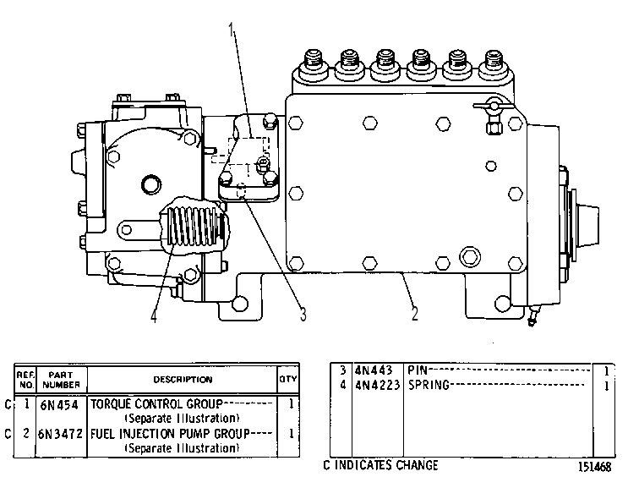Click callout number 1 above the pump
tap(231, 30)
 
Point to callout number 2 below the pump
tap(414, 313)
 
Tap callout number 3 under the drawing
tap(303, 315)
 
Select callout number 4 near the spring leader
tap(154, 315)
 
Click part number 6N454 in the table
tap(59, 405)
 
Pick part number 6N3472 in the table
tap(61, 434)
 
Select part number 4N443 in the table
tap(374, 370)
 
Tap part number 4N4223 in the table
tap(378, 385)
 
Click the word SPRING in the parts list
tap(429, 385)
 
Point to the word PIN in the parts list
tap(418, 370)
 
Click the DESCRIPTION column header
tap(183, 379)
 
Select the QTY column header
tap(288, 379)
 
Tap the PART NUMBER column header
tap(61, 380)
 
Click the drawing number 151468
tap(594, 467)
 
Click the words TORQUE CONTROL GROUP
tap(156, 404)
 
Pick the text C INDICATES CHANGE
tap(380, 465)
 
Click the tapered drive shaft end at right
tap(587, 225)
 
